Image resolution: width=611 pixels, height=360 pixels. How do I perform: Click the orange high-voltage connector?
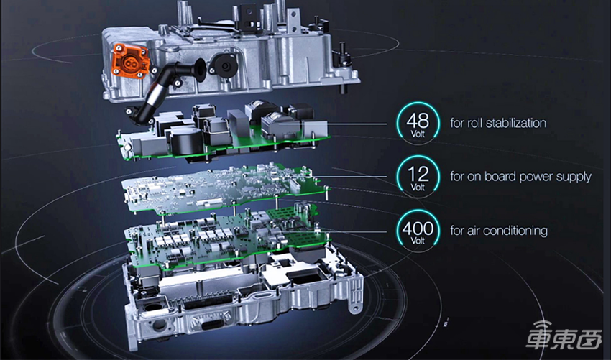130,60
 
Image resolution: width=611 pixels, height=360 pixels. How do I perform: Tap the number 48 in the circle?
418,121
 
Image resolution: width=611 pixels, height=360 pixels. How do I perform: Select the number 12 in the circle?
418,174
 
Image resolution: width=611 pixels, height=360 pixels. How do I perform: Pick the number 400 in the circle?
418,228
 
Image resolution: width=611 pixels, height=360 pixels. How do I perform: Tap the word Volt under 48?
418,134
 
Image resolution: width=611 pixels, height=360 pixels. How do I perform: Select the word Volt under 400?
418,241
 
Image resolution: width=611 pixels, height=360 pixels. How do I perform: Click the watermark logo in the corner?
564,336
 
